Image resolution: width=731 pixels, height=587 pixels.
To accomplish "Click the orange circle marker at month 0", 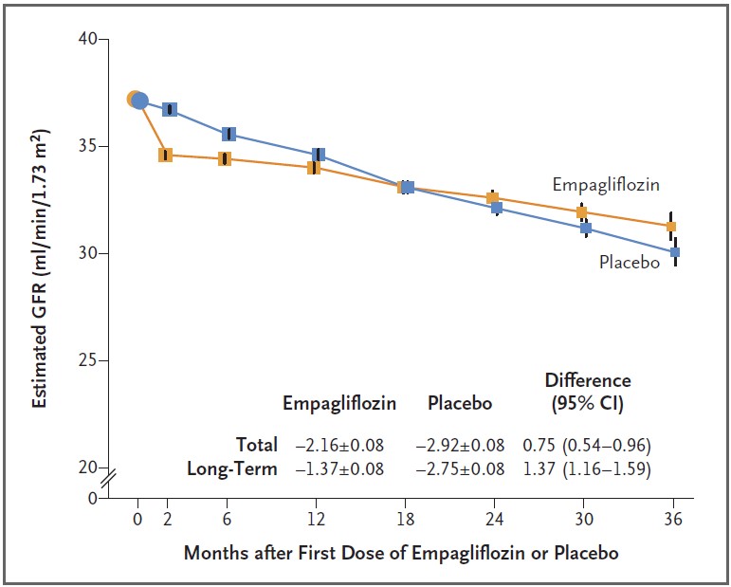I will coord(135,99).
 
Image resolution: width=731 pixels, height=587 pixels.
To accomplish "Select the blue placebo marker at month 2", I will coord(170,109).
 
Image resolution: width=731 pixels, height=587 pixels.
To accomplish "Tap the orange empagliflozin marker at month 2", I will coord(165,155).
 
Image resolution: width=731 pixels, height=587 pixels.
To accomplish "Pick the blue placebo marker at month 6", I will coord(228,134).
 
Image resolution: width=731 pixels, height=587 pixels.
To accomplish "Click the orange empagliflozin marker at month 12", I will coord(313,168).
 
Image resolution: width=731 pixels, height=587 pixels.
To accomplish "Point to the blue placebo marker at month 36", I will coord(675,252).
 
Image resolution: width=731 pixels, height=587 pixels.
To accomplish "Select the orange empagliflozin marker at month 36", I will coord(671,226).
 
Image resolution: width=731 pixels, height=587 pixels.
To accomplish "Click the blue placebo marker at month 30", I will coord(585,228).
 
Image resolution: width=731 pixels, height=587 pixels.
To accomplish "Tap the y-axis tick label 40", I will coord(87,40).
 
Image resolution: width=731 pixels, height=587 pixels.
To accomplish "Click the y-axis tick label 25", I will coord(87,360).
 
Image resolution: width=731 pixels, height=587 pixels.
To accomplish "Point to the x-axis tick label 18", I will coord(406,520).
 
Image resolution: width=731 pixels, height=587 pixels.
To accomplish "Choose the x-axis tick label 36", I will coord(673,520).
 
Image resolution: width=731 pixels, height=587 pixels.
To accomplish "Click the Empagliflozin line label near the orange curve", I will coord(606,185).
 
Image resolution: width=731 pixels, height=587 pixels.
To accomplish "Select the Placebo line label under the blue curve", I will coord(629,262).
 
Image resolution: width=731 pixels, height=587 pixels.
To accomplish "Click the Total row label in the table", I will coord(256,444).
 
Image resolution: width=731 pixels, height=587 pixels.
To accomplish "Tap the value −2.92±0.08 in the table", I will coord(460,444).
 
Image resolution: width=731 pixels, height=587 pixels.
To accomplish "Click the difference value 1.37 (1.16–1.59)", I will coord(587,468).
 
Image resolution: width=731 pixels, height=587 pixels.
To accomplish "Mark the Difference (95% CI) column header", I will coord(587,391).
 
